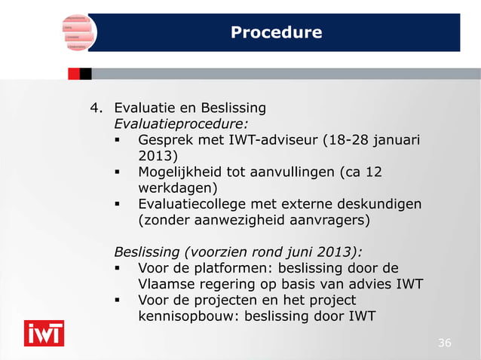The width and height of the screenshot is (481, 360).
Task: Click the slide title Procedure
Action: coord(276,32)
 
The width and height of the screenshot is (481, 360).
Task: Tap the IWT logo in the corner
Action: coord(44,333)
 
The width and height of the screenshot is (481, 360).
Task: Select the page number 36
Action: coord(445,343)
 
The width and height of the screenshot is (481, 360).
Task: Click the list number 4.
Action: coord(95,106)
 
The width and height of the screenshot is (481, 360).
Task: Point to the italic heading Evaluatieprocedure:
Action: coord(180,123)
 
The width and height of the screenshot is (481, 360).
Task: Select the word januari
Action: coord(394,140)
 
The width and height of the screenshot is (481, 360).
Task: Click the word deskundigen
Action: coord(379,205)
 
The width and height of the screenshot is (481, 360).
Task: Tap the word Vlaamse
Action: coord(165,285)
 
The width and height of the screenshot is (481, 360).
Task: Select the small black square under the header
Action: coord(85,74)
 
